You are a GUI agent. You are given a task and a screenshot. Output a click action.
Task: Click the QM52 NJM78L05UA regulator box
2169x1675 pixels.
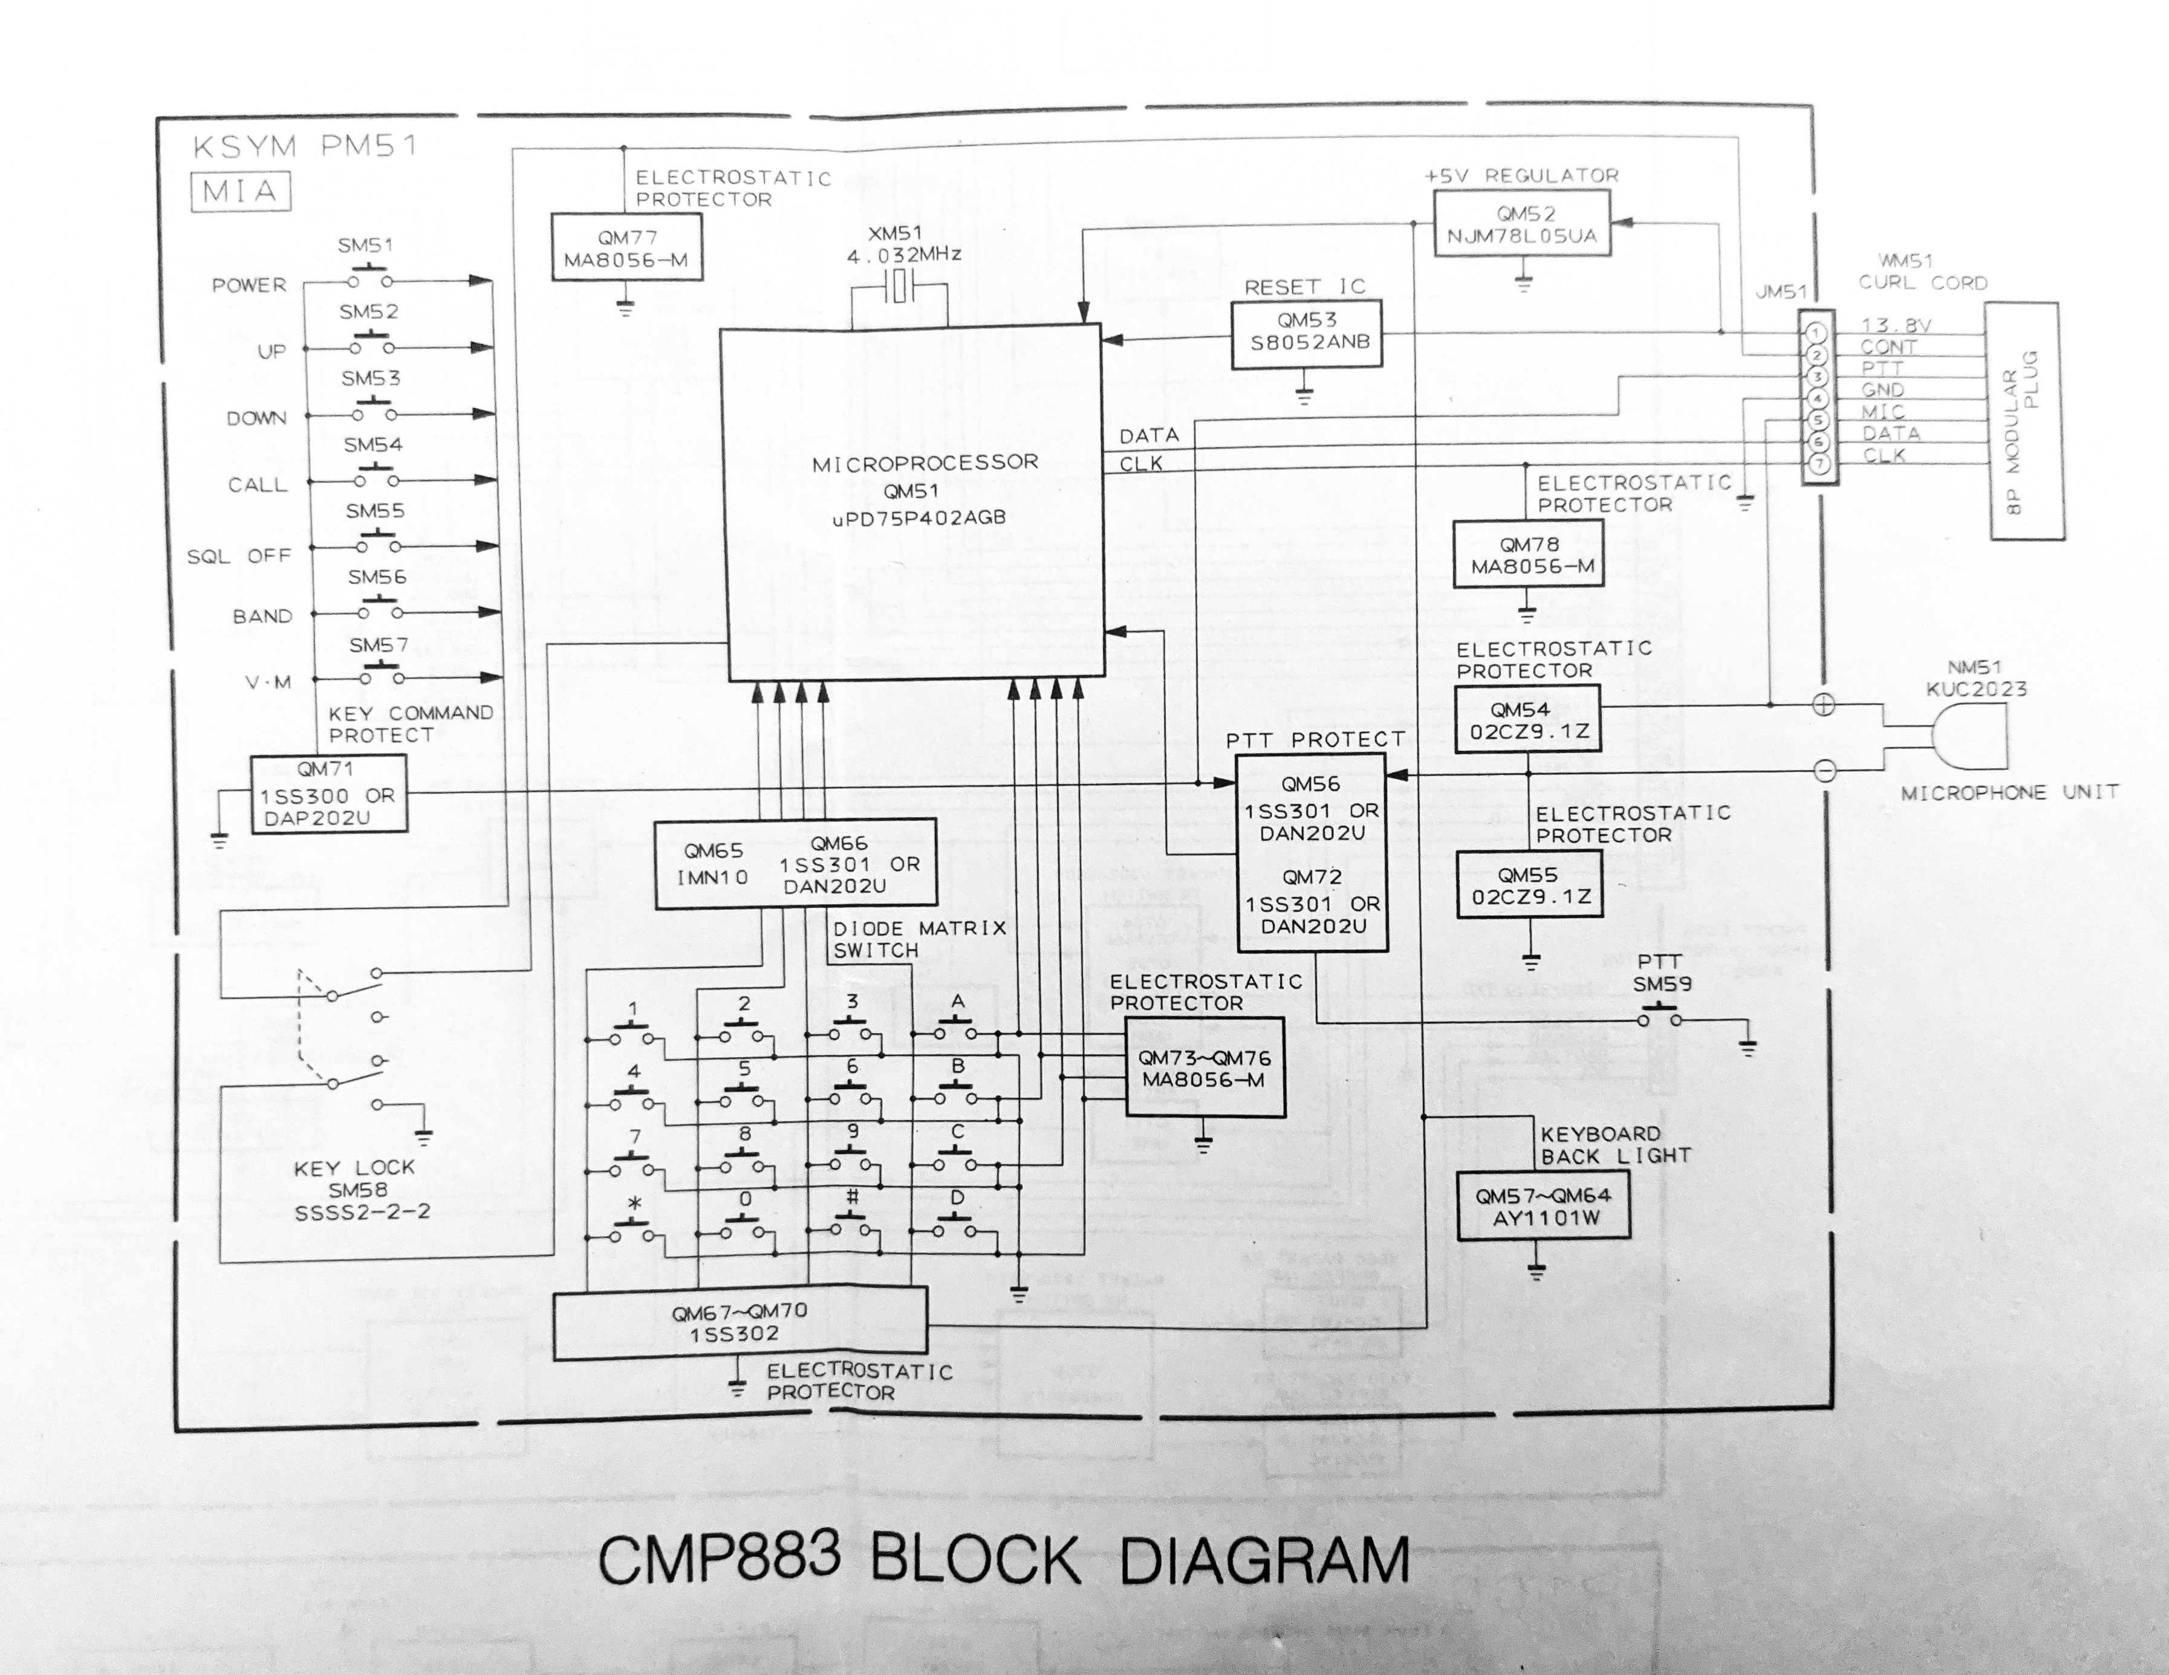click(1521, 224)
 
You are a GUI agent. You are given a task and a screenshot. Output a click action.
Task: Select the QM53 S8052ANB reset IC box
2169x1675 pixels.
click(1307, 332)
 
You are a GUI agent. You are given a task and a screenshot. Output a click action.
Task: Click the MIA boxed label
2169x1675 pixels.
click(239, 192)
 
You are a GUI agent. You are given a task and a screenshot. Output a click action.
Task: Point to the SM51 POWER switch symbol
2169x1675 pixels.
click(372, 278)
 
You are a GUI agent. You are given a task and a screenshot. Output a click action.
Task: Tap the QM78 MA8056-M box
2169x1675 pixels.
click(1527, 555)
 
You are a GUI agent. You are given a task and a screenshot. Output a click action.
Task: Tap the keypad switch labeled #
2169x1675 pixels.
click(852, 1227)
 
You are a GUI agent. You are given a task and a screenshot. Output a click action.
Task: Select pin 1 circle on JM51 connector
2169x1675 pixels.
click(1816, 332)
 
